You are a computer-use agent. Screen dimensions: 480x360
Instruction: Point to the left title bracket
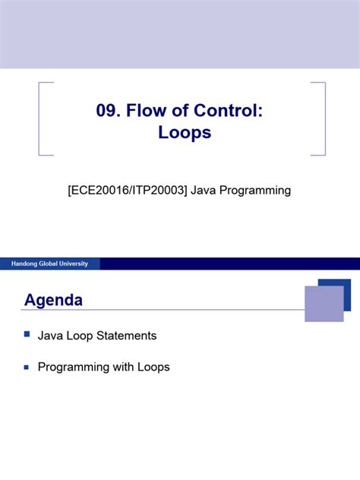41,118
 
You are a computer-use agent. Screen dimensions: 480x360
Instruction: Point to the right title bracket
322,118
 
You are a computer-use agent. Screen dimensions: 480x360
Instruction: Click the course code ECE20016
98,191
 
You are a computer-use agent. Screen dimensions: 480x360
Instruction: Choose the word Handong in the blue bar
24,264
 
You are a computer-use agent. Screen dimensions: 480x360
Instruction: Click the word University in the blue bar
74,264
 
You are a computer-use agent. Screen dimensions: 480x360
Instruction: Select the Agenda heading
53,301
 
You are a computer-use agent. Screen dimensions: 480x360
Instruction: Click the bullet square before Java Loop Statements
27,333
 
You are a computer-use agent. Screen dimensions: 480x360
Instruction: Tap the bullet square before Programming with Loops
27,366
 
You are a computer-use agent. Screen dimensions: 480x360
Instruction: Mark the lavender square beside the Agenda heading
323,303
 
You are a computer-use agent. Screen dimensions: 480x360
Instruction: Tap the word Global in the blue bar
49,264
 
